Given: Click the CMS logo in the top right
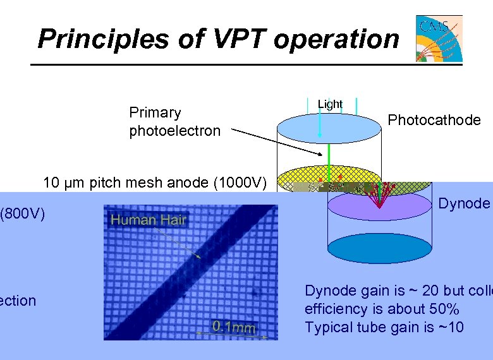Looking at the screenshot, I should click(439, 39).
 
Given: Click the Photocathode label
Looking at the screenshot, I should click(434, 120).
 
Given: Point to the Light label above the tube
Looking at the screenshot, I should click(330, 104).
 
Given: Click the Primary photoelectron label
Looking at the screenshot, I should click(174, 121).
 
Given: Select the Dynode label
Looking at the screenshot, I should click(464, 203).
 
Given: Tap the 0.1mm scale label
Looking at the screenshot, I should click(234, 327).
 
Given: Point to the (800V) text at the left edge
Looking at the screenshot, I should click(23, 214).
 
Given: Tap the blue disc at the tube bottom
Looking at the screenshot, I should click(379, 248).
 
